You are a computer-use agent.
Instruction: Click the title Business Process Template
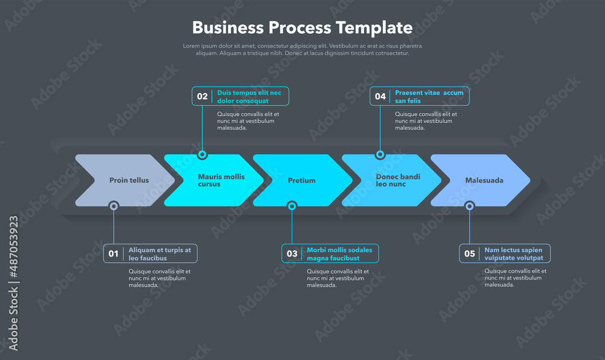coord(302,27)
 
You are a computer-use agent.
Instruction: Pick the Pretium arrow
coord(301,180)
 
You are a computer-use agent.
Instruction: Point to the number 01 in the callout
coord(114,254)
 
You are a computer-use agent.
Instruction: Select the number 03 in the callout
coord(292,254)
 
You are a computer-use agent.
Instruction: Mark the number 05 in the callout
coord(469,254)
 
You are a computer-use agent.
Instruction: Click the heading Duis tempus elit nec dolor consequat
coord(249,97)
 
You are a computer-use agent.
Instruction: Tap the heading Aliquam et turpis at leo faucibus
coord(160,254)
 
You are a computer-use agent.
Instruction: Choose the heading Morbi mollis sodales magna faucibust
coord(339,254)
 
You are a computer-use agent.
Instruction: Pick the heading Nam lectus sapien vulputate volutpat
coord(514,254)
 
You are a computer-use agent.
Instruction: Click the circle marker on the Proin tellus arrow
coord(114,206)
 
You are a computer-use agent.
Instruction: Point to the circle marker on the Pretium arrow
coord(292,206)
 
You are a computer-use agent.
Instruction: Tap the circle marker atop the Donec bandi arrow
coord(380,155)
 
